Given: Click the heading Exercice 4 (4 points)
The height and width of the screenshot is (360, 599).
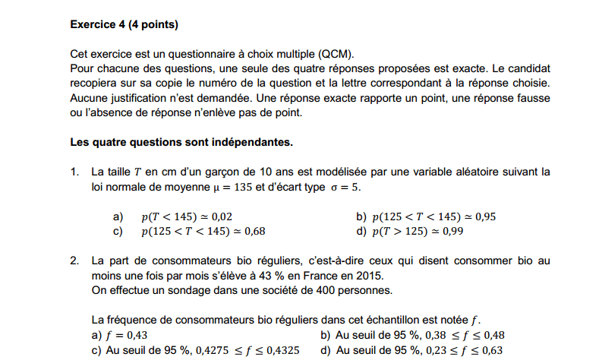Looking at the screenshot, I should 124,24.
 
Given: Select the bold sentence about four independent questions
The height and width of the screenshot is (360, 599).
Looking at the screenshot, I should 181,142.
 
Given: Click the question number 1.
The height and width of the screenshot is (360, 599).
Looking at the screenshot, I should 74,172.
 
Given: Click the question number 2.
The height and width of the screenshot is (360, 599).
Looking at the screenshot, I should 74,261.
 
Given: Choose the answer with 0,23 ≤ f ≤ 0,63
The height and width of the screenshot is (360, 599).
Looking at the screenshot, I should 411,350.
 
